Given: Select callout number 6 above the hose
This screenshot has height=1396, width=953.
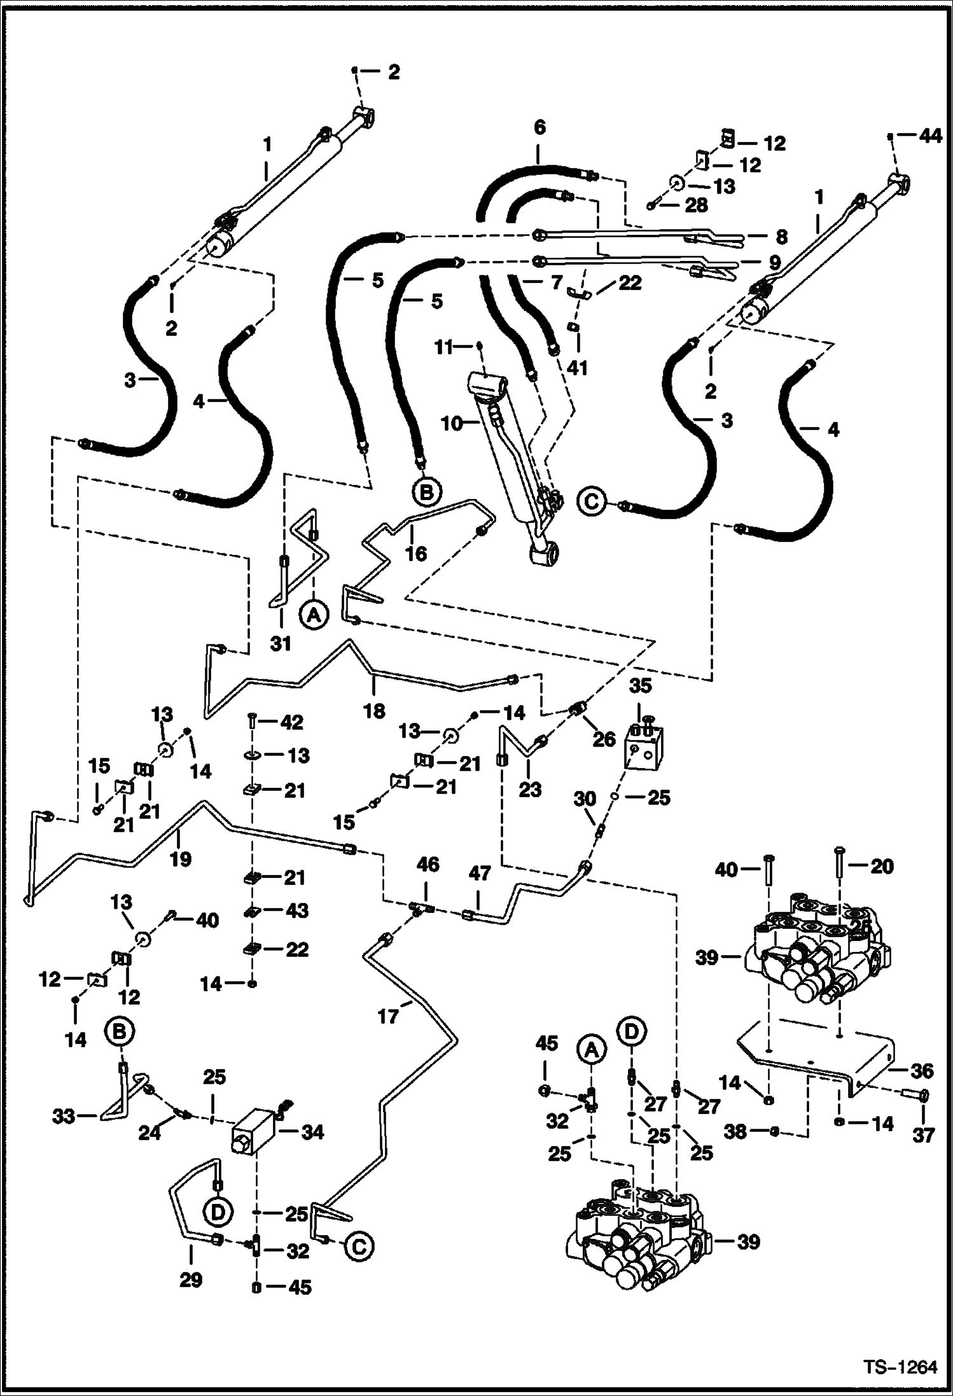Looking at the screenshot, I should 539,128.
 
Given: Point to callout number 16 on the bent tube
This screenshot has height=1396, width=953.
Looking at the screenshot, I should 415,553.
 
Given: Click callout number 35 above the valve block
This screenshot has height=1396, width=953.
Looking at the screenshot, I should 641,686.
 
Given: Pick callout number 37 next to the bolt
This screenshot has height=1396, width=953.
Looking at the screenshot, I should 923,1134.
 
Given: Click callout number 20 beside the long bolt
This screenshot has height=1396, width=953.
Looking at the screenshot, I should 881,866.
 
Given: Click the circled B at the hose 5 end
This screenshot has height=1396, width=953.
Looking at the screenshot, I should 428,491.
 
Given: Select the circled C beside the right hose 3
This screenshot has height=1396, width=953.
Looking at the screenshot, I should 591,501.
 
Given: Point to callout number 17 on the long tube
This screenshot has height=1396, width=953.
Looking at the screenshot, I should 388,1016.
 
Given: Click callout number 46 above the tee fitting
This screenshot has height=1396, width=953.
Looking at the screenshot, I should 428,864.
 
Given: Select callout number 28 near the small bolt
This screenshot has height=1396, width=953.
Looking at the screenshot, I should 697,205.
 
